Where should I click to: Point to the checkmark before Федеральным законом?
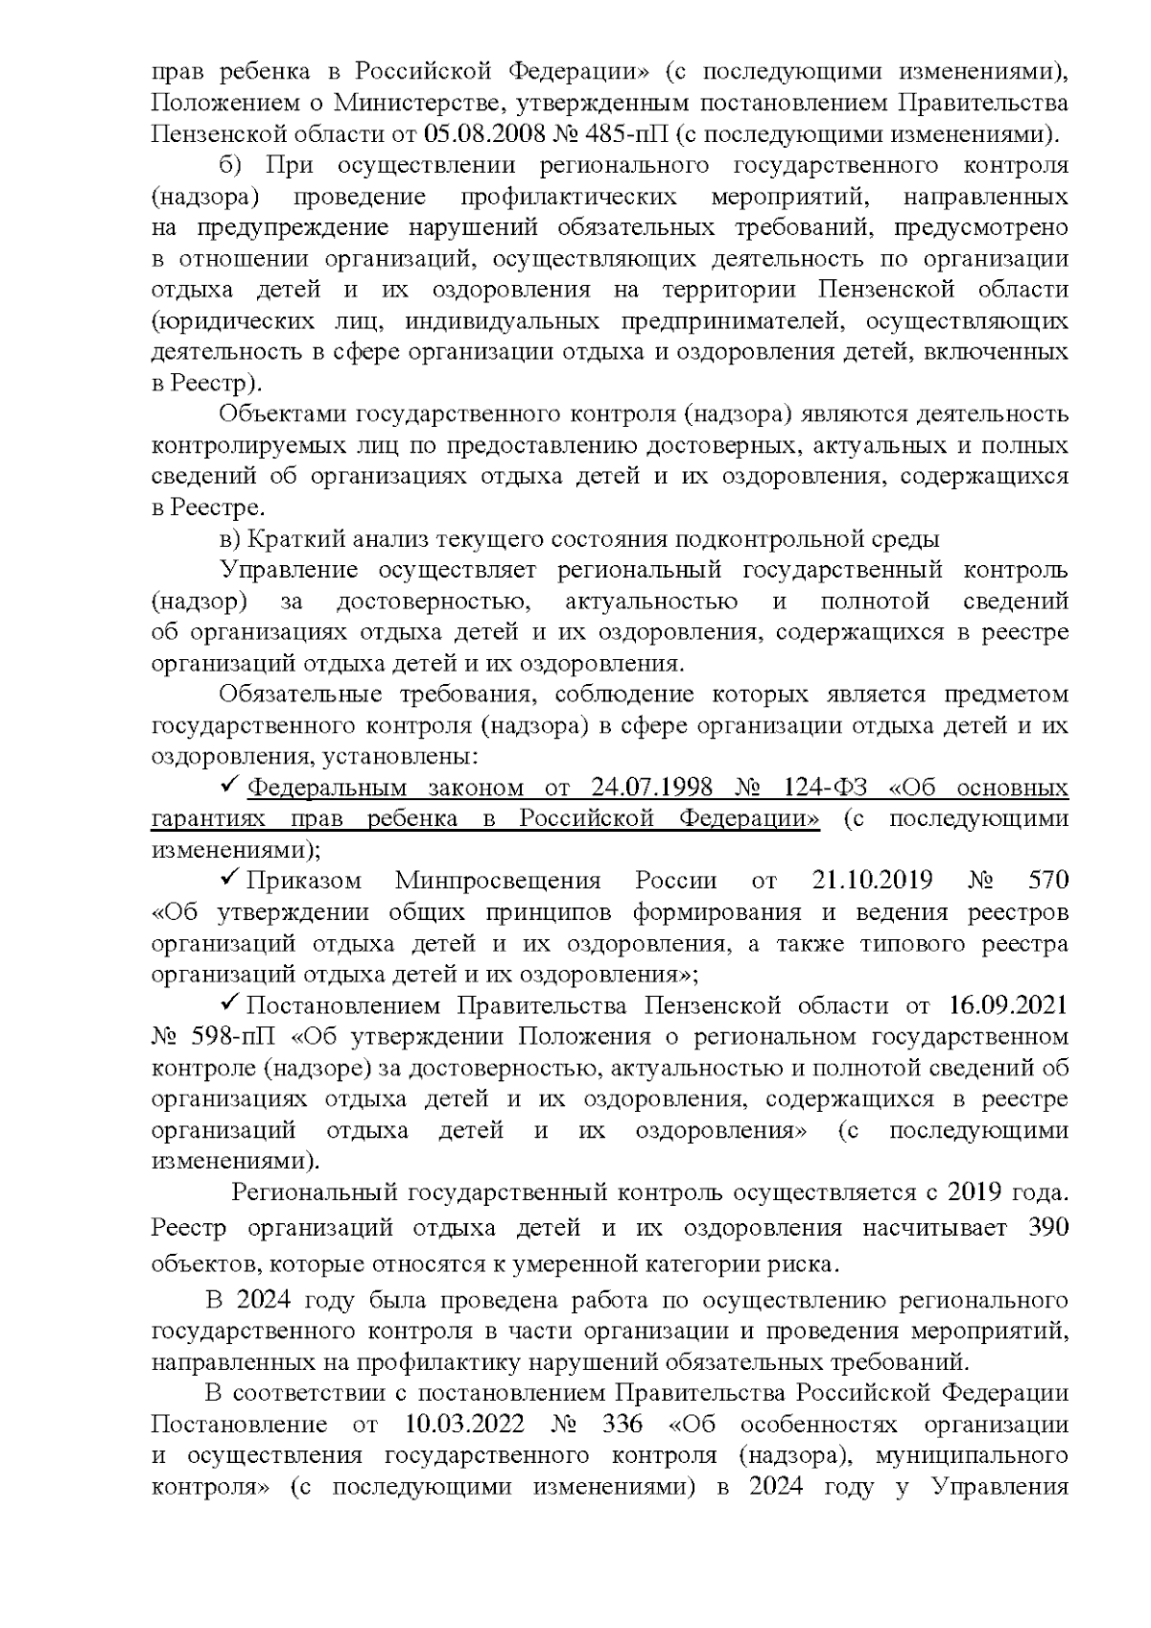pos(231,787)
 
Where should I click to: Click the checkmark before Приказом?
pos(231,879)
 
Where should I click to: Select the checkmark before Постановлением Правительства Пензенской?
pos(231,1004)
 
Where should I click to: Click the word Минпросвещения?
pos(498,881)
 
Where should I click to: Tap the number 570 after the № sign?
pos(1047,881)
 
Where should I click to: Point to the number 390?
pos(1047,1229)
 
